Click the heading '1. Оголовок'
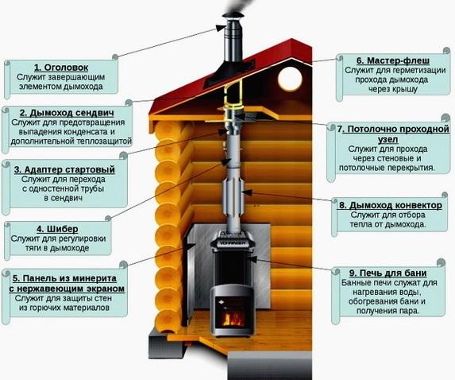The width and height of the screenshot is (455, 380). [61, 68]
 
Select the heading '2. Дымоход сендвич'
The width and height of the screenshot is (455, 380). [67, 113]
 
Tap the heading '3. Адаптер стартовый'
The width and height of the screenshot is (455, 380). [64, 169]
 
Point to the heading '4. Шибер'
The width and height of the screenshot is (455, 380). [57, 229]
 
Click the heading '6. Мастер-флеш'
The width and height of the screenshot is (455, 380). [393, 60]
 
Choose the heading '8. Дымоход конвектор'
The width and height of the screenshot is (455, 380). [391, 205]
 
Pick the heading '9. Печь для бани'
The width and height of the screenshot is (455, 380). [388, 273]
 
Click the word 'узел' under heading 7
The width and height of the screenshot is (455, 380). [388, 139]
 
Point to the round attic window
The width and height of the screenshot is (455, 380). [290, 79]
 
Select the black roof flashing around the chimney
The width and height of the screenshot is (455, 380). [229, 72]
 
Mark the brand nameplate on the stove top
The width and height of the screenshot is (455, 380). [233, 242]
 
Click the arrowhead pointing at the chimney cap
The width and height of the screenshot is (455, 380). [221, 28]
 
